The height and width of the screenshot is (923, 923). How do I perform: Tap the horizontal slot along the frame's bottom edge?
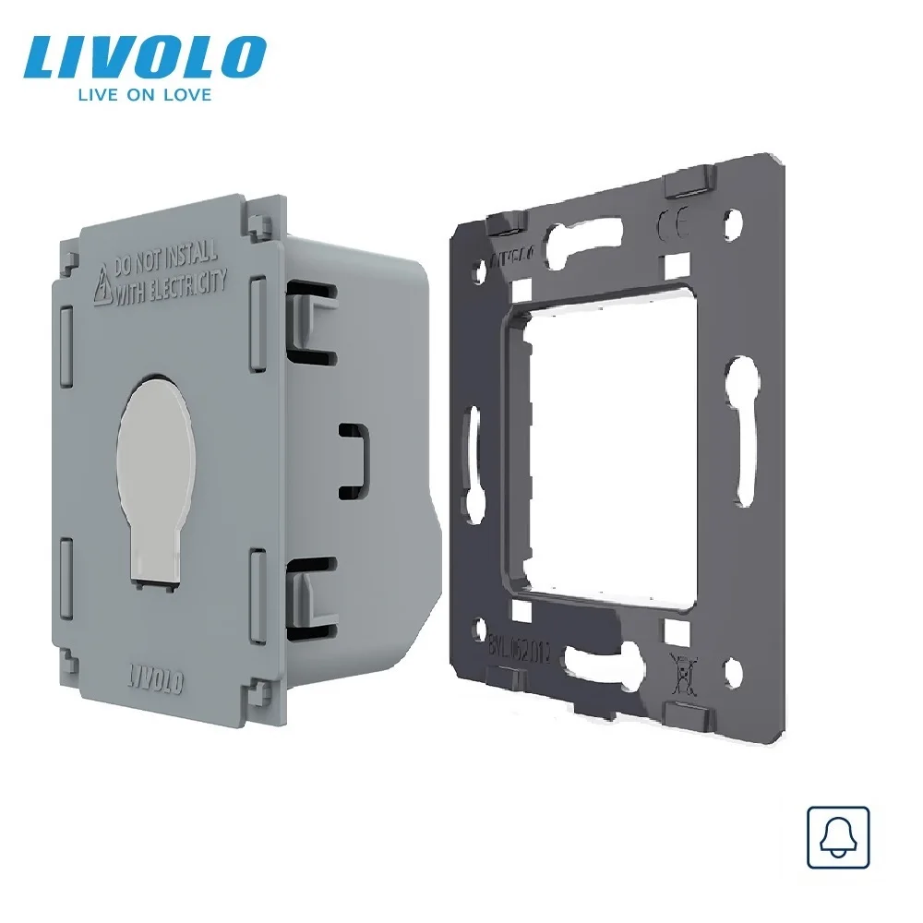click(605, 659)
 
